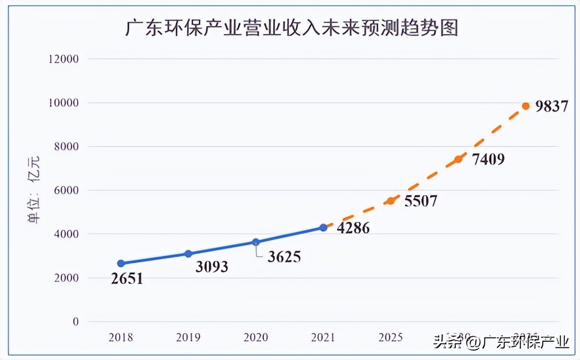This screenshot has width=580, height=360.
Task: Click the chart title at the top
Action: (x=292, y=28)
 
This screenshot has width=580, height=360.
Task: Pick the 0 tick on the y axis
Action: (x=75, y=322)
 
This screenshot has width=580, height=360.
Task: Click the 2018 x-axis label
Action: (x=121, y=337)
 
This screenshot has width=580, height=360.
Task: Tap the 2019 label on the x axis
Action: (x=188, y=337)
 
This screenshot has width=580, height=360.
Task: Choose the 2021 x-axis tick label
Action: (x=323, y=337)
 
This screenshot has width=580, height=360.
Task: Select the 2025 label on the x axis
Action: (x=391, y=337)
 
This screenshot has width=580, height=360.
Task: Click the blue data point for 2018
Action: (x=121, y=264)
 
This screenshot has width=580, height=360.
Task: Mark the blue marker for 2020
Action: (x=255, y=242)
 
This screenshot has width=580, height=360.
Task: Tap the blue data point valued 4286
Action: (x=323, y=228)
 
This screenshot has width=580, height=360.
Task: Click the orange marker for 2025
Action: (x=391, y=201)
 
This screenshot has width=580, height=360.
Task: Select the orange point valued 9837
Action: (x=526, y=106)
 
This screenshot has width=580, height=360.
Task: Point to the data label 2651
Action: (x=127, y=279)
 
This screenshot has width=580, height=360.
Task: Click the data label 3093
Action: (x=212, y=267)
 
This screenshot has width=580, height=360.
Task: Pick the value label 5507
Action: (x=420, y=201)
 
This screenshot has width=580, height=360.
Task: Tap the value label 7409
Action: (x=488, y=159)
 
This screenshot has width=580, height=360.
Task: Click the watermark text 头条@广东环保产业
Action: (x=501, y=342)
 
